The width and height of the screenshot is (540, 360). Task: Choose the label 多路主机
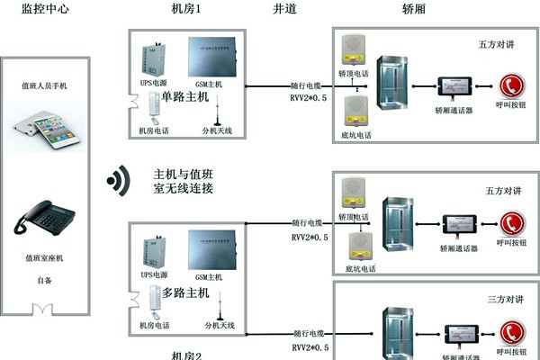[185, 292]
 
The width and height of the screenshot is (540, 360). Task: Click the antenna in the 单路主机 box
[216, 113]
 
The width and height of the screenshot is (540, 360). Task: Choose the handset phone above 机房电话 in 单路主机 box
[153, 111]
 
